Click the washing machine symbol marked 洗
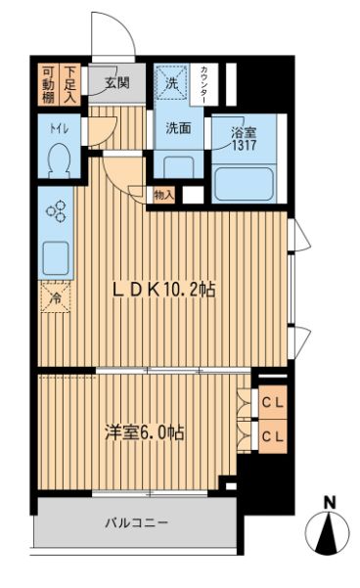pos(170,84)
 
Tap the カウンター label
pos(203,84)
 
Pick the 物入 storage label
pos(163,195)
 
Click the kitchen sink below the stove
pos(53,258)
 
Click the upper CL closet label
pos(272,402)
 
